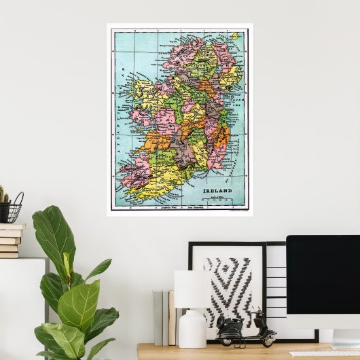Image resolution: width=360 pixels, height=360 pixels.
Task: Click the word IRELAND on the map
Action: coord(217,192)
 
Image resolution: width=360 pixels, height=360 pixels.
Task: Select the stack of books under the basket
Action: coord(10,240)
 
